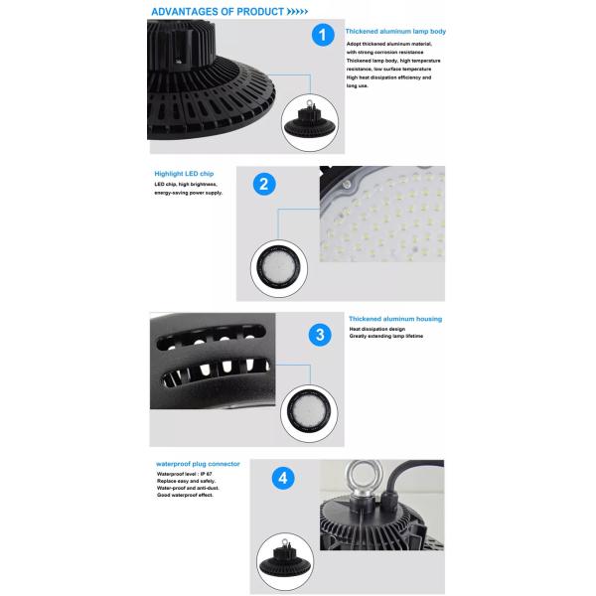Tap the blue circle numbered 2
coord(264,183)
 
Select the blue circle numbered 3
coord(320,334)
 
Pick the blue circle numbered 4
coord(285,479)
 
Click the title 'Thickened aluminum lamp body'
coord(395,32)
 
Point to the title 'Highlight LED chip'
coord(184,173)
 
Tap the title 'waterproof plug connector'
coord(197,464)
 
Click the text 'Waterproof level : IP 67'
coord(185,475)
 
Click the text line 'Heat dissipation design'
coord(378,329)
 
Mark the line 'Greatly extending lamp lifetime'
coord(386,337)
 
